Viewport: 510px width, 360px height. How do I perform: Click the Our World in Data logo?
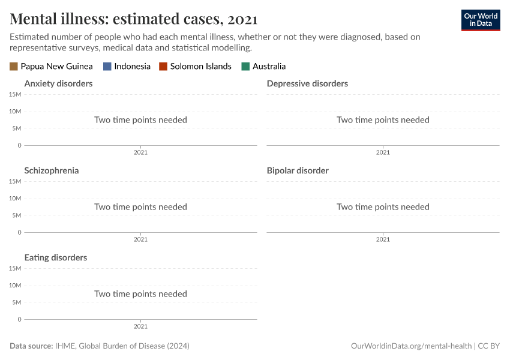[480, 20]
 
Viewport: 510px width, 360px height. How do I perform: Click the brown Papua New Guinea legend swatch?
[14, 67]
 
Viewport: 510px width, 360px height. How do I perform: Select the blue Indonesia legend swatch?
[107, 67]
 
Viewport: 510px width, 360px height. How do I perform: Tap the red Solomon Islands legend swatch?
[163, 67]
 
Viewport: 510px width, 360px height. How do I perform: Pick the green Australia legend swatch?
[245, 67]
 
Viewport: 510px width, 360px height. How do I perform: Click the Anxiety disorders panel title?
[58, 83]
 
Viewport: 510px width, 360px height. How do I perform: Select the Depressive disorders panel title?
[307, 83]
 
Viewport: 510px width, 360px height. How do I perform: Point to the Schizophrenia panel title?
[52, 170]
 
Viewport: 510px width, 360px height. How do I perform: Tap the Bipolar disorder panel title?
[298, 170]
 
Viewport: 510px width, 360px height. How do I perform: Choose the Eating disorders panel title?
[56, 257]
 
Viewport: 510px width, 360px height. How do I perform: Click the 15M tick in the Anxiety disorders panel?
[15, 95]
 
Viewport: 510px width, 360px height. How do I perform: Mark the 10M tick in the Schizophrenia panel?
[15, 199]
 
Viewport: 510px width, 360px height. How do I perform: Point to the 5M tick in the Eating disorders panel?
[16, 302]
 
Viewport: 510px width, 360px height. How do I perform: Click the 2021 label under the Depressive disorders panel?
[383, 152]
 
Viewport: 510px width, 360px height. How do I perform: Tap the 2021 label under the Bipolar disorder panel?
[383, 239]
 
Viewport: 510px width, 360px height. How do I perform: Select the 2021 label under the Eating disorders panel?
[140, 326]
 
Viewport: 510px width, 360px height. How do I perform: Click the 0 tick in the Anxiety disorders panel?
[19, 145]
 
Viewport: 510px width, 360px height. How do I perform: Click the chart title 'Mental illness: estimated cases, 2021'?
[134, 19]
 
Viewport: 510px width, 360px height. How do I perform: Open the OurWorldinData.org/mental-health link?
[411, 346]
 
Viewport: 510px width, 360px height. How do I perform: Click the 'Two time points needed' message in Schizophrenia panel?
[140, 207]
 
